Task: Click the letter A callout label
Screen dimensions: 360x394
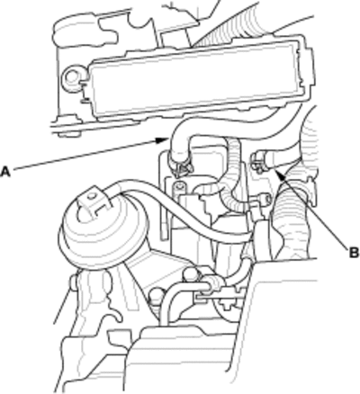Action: click(5, 172)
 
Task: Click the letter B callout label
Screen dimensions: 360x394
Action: click(354, 253)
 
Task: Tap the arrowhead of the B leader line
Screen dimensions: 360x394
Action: click(277, 174)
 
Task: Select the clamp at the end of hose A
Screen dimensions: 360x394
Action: click(181, 167)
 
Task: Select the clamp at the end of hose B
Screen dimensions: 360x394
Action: click(258, 162)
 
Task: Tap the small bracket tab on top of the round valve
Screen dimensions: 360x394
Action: click(94, 200)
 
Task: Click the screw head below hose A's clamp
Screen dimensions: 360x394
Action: click(179, 187)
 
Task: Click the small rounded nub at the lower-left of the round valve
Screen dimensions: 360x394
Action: click(75, 283)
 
